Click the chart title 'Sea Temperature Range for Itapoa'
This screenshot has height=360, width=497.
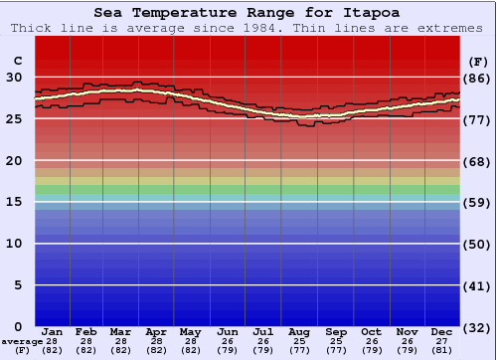point(248,13)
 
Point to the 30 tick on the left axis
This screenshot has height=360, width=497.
point(14,77)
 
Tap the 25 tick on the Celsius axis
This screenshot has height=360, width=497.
point(14,118)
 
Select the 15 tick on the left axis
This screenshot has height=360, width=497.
point(14,202)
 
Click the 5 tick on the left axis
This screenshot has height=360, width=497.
point(18,285)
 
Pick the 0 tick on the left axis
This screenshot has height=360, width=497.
point(18,326)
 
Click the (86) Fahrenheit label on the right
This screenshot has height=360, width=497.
point(477,78)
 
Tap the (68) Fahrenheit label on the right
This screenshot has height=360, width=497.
point(477,161)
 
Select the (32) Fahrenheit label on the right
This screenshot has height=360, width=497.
point(477,327)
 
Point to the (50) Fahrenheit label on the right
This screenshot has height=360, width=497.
point(477,244)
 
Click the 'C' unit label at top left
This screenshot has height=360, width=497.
point(17,60)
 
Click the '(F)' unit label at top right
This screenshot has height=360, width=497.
point(477,61)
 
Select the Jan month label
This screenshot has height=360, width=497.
point(53,331)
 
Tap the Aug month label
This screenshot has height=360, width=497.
point(299,331)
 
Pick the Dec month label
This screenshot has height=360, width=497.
point(442,331)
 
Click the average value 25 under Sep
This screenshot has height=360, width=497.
point(336,341)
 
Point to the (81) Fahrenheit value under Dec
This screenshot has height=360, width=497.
point(442,350)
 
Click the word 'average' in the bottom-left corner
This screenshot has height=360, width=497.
point(22,341)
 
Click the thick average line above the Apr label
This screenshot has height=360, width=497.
point(156,90)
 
